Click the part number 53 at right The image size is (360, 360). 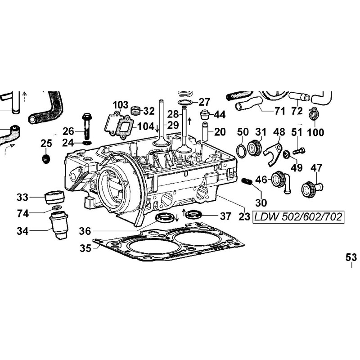351,257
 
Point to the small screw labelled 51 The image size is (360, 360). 299,149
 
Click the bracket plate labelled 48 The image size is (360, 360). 274,151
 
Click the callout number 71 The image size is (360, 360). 280,110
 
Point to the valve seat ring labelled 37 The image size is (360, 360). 194,213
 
